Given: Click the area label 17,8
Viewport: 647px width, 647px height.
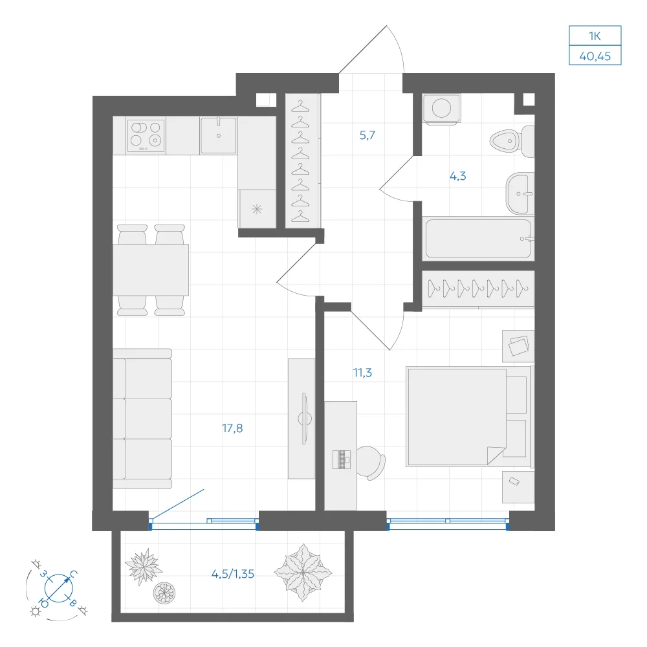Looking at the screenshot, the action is click(232, 428).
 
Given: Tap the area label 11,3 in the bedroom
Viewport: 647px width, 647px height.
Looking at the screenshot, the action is click(362, 373).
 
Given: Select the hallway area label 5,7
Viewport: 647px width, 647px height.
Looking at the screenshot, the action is click(367, 135).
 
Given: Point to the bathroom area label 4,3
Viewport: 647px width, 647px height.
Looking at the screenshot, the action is click(457, 176).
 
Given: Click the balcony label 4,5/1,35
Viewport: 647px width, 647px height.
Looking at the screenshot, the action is click(233, 574).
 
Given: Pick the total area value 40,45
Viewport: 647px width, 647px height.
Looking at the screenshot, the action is click(595, 56).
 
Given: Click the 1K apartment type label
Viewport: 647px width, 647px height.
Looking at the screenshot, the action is click(595, 36).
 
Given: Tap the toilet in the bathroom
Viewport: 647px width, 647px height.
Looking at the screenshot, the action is click(512, 141).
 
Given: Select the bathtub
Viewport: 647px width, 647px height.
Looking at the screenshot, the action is click(478, 239).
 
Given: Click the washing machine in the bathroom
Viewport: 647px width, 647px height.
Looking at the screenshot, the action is click(441, 109).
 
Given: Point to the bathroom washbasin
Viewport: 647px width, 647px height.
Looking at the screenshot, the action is click(520, 193).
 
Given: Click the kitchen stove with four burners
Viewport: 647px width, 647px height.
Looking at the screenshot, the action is click(146, 135).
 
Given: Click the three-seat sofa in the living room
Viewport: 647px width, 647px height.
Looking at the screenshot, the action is click(142, 419).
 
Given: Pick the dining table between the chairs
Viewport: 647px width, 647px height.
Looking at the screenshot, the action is click(151, 270).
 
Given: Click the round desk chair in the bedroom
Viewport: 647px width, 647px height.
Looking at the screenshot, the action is click(370, 463).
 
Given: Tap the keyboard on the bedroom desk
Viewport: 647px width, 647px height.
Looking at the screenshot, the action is click(342, 459).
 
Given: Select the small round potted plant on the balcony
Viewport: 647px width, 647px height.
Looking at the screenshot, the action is click(164, 593).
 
